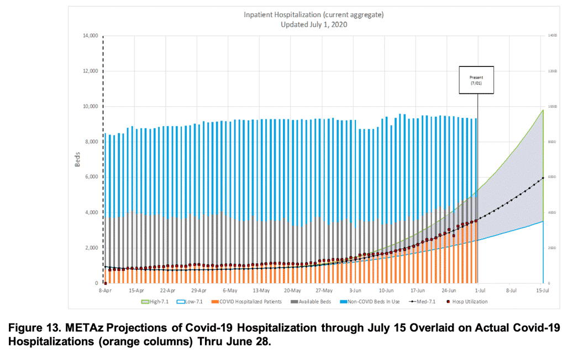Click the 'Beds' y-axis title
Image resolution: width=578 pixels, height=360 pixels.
(78, 159)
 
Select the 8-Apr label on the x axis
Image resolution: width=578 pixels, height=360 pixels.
(105, 290)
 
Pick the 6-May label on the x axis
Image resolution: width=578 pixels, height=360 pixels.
(230, 290)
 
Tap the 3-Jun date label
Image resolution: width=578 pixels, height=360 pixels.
(355, 290)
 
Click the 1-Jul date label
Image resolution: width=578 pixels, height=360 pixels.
(480, 290)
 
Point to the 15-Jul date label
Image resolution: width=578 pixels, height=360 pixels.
(543, 290)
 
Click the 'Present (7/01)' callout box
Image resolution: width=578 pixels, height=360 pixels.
(476, 80)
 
